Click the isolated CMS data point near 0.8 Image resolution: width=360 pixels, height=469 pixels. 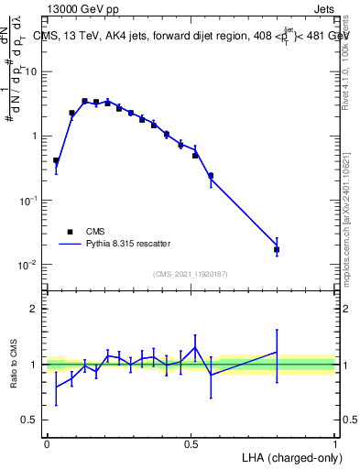pyautogui.click(x=277, y=249)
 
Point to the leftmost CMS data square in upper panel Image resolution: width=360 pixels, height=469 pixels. pyautogui.click(x=56, y=160)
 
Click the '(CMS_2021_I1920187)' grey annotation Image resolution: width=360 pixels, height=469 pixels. pyautogui.click(x=190, y=273)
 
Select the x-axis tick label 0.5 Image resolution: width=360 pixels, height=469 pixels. pyautogui.click(x=191, y=442)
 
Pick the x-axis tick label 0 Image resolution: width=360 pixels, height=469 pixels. pyautogui.click(x=47, y=442)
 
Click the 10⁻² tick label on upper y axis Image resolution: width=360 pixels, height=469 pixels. pyautogui.click(x=30, y=265)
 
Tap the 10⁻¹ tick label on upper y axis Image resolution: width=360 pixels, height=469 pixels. pyautogui.click(x=30, y=201)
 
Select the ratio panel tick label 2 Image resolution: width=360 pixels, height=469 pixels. pyautogui.click(x=34, y=309)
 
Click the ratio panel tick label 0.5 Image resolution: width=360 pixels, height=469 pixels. pyautogui.click(x=30, y=420)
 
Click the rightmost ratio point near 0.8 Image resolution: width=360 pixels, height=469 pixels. pyautogui.click(x=277, y=352)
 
